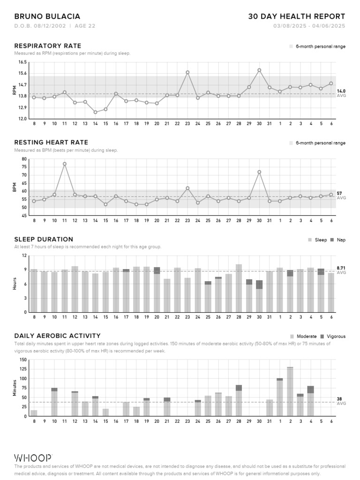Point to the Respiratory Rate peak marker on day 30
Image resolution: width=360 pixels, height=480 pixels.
(259, 70)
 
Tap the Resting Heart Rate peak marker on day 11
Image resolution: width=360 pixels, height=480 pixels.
(65, 164)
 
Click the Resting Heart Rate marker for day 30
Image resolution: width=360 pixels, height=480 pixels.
(259, 172)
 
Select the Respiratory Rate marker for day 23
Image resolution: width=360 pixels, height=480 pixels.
(187, 73)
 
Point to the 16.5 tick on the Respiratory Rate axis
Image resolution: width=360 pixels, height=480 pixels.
(22, 62)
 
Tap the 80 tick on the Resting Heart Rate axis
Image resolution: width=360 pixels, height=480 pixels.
(24, 159)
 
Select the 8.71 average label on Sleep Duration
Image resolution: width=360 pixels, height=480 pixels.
(341, 268)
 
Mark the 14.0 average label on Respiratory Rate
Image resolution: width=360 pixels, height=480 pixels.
(341, 91)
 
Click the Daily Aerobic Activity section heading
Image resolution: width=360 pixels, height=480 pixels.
(57, 336)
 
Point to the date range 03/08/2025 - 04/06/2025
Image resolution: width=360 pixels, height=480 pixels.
(309, 26)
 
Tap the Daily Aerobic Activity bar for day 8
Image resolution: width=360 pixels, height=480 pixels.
(34, 413)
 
